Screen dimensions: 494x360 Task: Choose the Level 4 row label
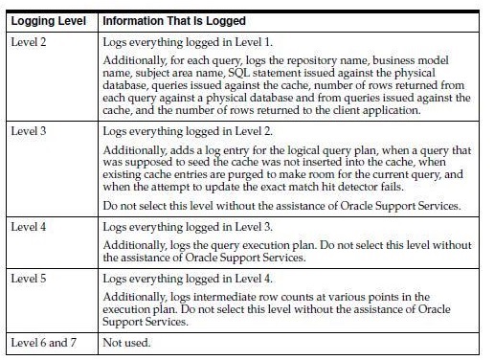tap(30, 226)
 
